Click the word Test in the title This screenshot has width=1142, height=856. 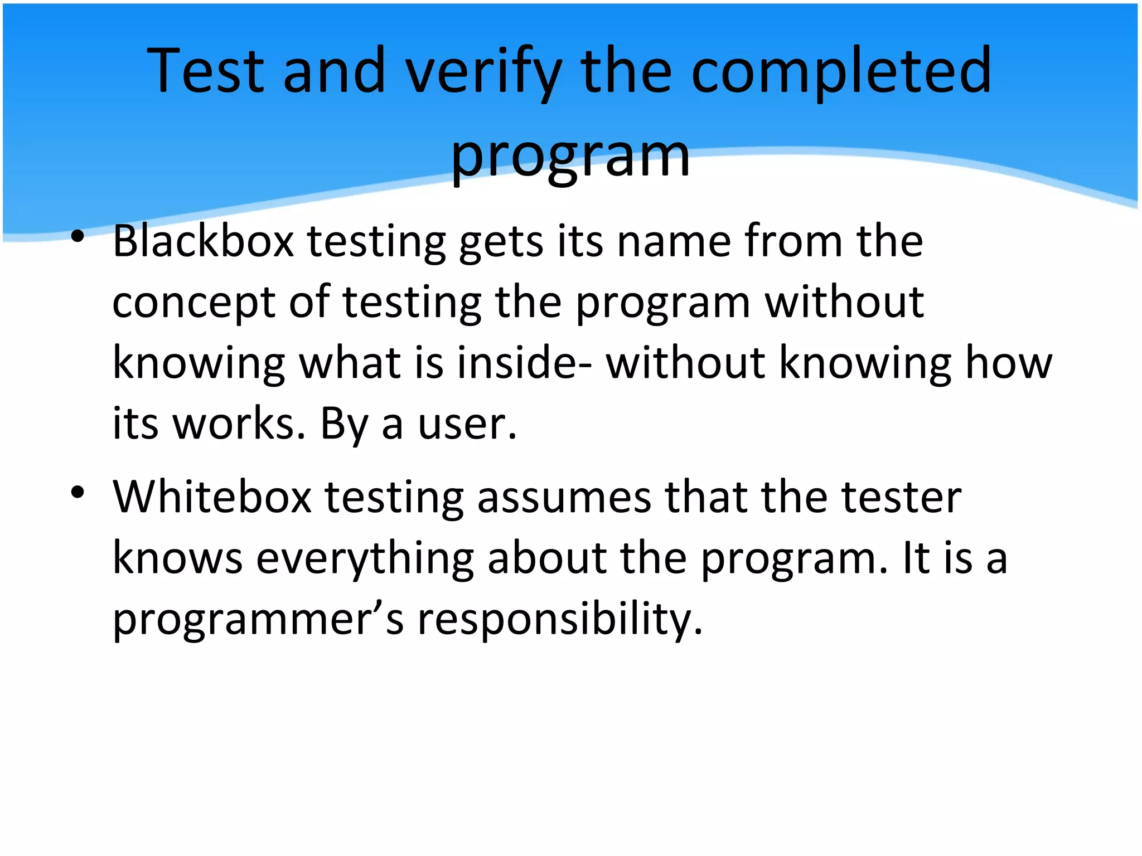205,71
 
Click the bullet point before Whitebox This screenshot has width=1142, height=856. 78,492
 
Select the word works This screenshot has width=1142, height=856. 239,424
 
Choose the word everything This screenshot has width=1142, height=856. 365,558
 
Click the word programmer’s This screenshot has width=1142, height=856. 258,620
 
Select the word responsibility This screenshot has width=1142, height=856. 560,620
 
